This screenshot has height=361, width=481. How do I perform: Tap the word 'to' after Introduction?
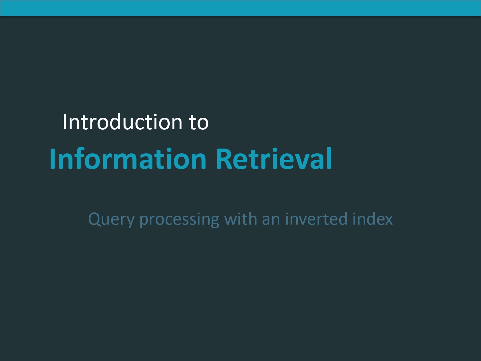click(x=199, y=122)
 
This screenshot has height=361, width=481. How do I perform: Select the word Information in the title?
click(x=128, y=159)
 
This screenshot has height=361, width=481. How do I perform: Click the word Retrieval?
click(x=274, y=159)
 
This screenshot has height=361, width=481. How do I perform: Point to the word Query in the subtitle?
click(x=111, y=219)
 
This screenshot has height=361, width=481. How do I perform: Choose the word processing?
click(x=179, y=219)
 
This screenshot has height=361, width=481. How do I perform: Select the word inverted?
click(x=316, y=219)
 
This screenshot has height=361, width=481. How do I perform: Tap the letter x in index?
click(x=388, y=220)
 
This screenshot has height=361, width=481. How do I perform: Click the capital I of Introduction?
click(x=64, y=122)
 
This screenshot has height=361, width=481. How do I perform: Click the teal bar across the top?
click(x=240, y=8)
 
